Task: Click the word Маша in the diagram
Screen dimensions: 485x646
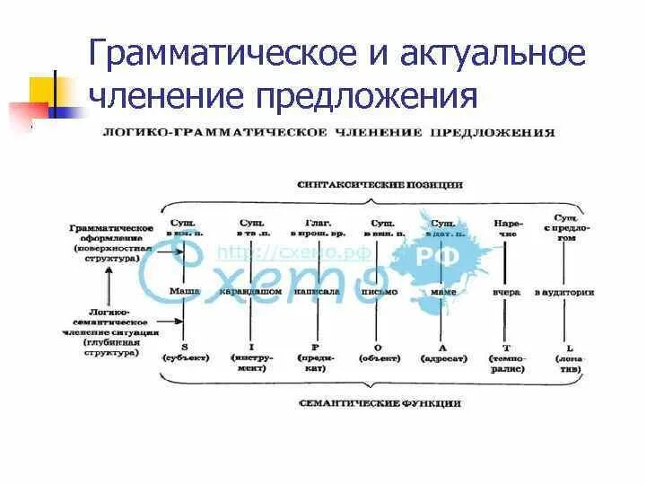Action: pos(184,291)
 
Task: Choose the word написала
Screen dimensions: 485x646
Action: pos(311,291)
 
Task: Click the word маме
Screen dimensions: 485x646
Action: pos(442,291)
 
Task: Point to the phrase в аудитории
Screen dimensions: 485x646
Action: pos(565,291)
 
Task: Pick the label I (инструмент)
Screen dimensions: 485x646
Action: pos(251,356)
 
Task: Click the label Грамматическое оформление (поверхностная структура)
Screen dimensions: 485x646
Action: pos(105,242)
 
